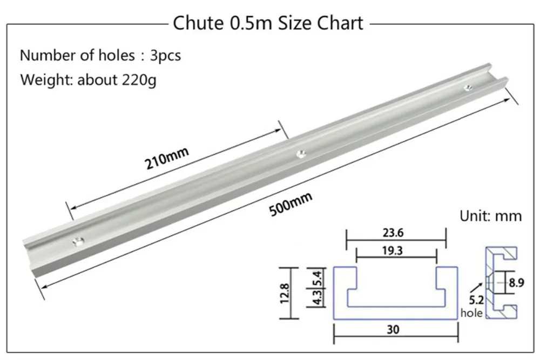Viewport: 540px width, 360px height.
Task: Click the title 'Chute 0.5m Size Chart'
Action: (268, 23)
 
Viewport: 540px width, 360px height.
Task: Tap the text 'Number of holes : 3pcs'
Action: (100, 56)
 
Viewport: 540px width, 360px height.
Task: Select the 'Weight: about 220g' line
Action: (88, 80)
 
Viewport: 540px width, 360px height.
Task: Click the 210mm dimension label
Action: (167, 158)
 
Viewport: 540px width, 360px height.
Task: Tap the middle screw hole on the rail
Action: (302, 153)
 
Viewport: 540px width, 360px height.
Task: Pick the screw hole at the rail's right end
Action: (468, 87)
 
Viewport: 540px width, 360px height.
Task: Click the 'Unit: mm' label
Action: (490, 216)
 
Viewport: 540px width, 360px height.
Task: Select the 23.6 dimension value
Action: (393, 233)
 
